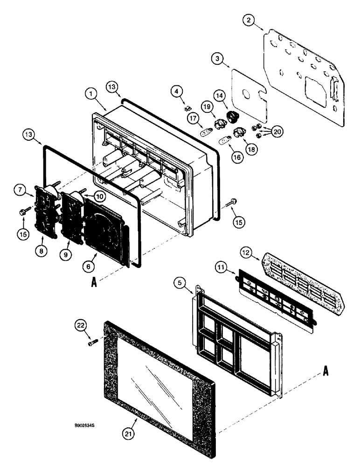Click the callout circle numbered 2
pyautogui.click(x=250, y=20)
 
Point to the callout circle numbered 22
pyautogui.click(x=79, y=326)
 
